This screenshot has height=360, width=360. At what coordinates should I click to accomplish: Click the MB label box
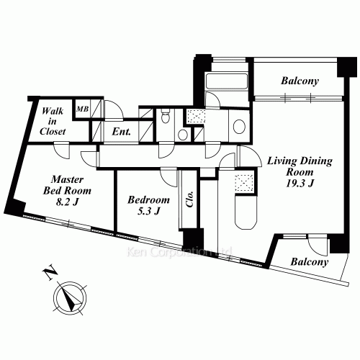[82, 109]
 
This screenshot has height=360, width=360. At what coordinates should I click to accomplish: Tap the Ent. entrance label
[122, 132]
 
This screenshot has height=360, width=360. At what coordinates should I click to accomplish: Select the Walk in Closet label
[53, 121]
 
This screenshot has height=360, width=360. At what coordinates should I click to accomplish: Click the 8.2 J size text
[67, 202]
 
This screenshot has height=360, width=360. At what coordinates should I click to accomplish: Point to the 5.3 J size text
[148, 211]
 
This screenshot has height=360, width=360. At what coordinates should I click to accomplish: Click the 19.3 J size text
[300, 184]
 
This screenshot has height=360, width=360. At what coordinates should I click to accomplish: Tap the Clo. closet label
[190, 199]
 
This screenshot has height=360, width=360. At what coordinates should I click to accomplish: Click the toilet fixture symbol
[165, 116]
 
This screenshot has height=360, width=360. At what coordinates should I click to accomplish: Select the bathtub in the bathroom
[227, 81]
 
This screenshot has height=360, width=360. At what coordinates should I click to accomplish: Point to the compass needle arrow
[71, 298]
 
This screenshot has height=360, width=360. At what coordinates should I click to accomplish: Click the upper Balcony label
[300, 81]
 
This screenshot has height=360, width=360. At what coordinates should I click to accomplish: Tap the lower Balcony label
[310, 262]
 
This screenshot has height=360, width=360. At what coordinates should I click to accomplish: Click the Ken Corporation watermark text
[179, 252]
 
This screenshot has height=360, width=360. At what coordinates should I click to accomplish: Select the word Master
[68, 179]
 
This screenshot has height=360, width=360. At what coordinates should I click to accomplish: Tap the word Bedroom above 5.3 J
[148, 200]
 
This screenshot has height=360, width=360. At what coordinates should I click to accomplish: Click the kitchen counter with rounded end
[246, 212]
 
